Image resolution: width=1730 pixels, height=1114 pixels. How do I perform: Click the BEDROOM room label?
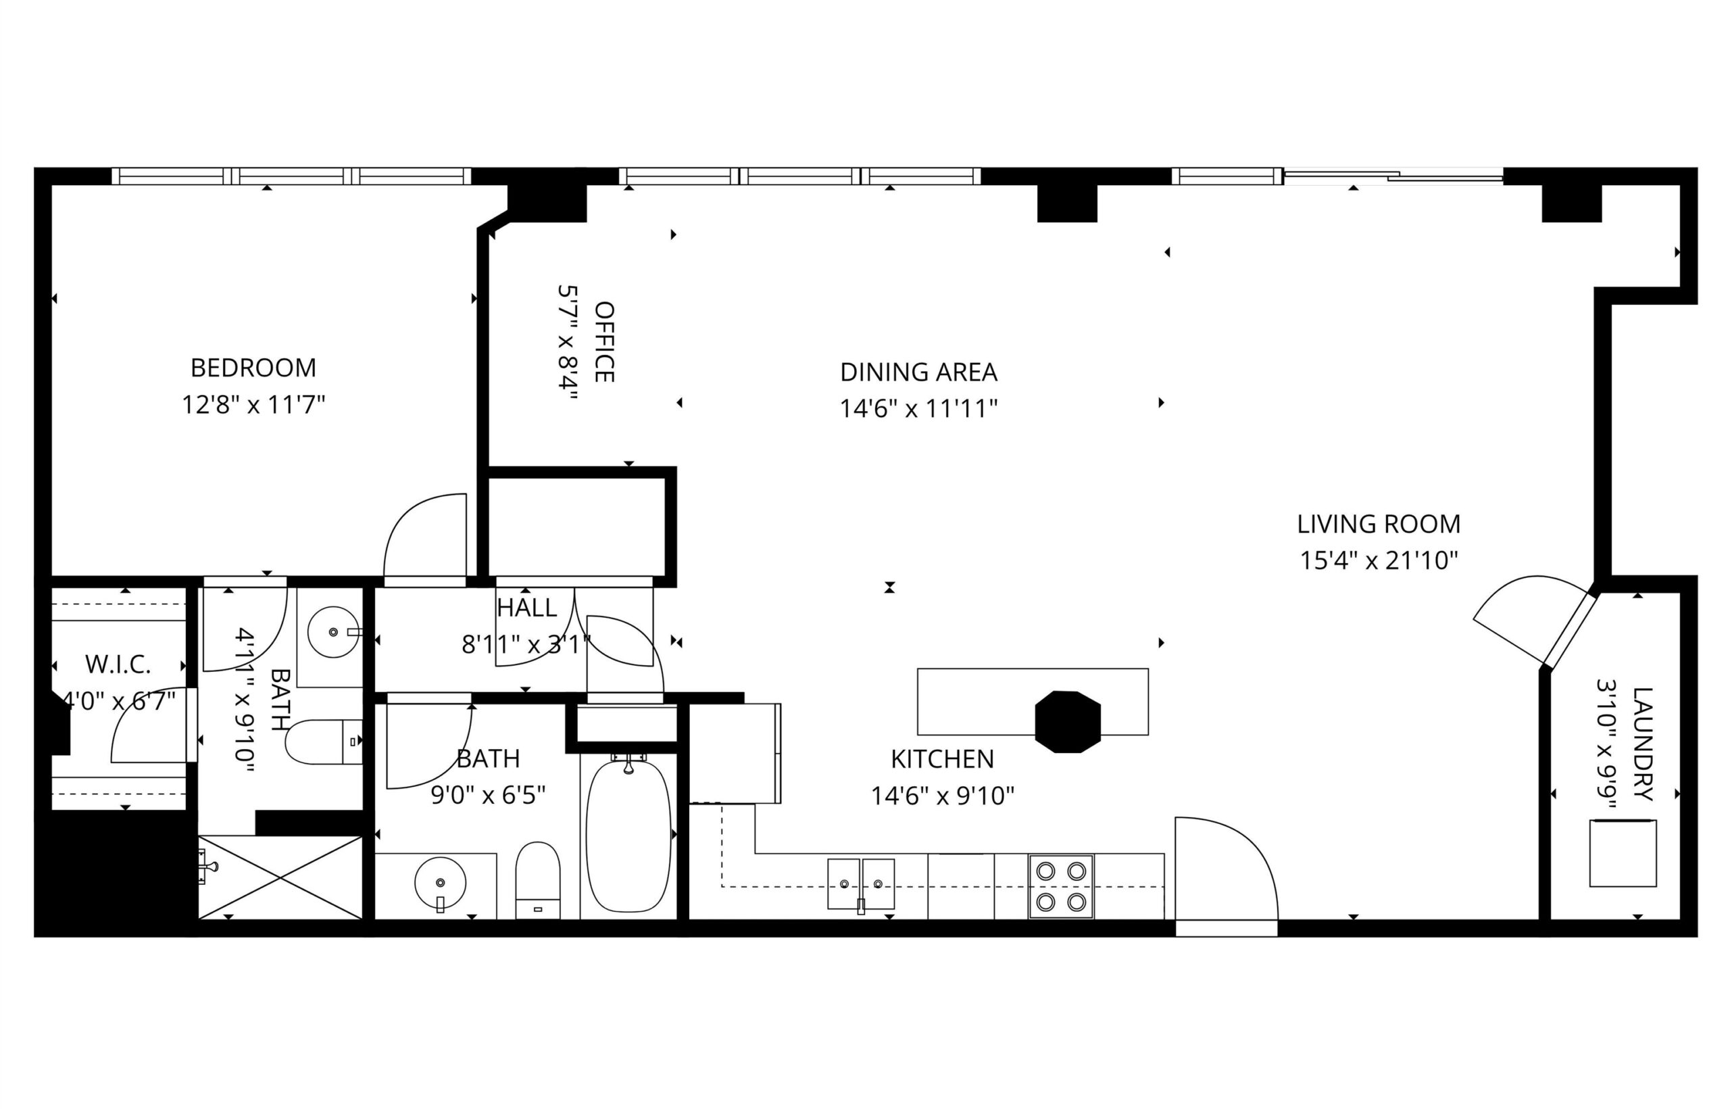point(253,368)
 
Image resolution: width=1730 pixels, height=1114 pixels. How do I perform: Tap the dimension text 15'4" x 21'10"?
point(1379,560)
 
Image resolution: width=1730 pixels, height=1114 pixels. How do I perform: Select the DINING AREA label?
point(918,372)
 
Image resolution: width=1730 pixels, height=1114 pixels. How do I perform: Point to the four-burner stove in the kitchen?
point(1060,886)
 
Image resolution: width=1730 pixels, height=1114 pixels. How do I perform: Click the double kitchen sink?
point(861,884)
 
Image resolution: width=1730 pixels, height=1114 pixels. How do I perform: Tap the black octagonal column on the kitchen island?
point(1068,722)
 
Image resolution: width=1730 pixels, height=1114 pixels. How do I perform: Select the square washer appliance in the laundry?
point(1623,853)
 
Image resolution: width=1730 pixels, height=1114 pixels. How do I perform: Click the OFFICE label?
point(603,341)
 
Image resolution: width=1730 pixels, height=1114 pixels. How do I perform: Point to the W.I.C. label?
point(118,664)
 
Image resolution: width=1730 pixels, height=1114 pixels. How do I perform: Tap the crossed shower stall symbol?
point(280,877)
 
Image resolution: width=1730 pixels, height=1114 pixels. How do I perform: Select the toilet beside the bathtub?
point(538,880)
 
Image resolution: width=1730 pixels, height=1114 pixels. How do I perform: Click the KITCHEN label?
point(942,759)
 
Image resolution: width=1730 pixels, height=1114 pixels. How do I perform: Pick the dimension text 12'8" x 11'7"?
point(253,404)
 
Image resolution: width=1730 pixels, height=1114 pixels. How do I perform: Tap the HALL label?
point(526,608)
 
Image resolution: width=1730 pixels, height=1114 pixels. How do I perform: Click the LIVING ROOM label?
point(1379,524)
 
